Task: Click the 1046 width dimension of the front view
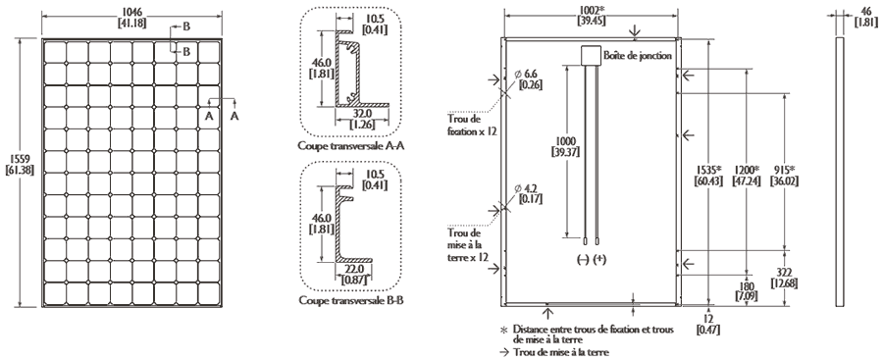click(x=131, y=16)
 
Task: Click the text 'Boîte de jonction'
click(x=637, y=55)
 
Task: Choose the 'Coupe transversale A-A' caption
click(x=351, y=146)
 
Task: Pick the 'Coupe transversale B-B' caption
click(x=351, y=301)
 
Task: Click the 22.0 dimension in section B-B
click(x=355, y=275)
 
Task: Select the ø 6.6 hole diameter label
click(x=527, y=79)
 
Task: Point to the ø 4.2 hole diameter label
click(x=527, y=194)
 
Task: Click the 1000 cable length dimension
click(x=566, y=146)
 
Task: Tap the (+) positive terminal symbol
click(x=600, y=260)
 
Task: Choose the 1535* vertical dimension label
click(x=708, y=175)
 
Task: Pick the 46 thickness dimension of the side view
click(x=866, y=17)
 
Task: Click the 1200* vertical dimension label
click(x=747, y=175)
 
